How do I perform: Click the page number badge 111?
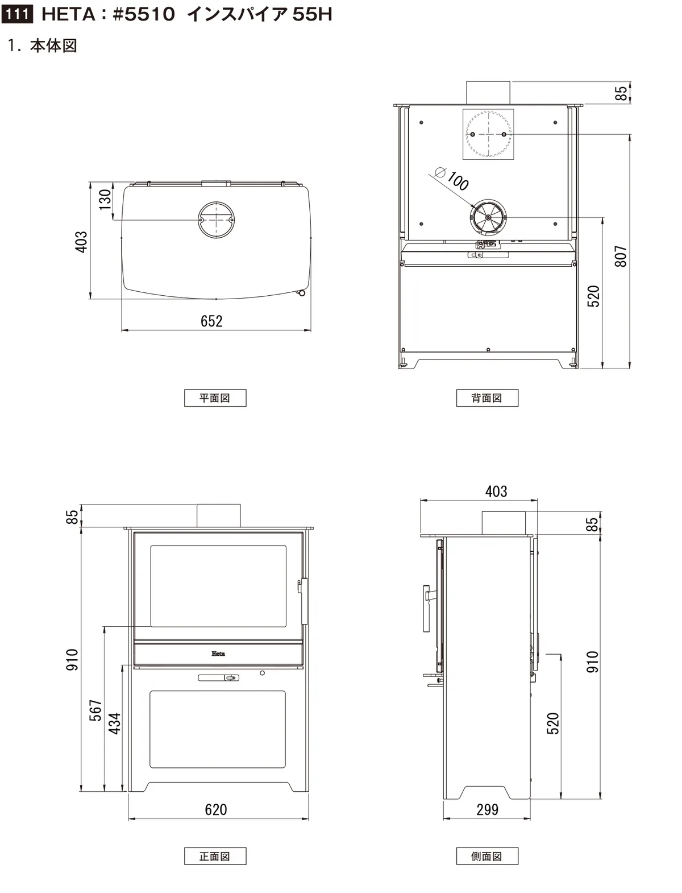[x=17, y=15]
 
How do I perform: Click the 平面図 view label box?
[x=215, y=398]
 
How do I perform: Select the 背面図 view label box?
[x=487, y=398]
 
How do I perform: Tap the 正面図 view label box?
[x=215, y=857]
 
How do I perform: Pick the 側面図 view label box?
[x=487, y=857]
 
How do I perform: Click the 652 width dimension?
[x=212, y=321]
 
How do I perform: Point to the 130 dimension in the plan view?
[x=105, y=199]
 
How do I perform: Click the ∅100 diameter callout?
[x=452, y=179]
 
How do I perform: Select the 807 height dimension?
[x=621, y=256]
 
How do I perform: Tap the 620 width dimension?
[x=216, y=809]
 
